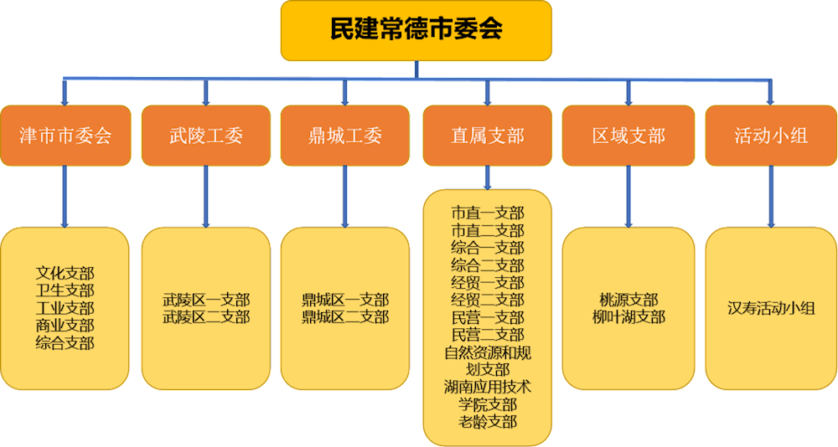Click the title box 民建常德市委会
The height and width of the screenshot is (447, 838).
pyautogui.click(x=416, y=30)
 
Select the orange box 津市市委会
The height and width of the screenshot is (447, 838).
pyautogui.click(x=65, y=136)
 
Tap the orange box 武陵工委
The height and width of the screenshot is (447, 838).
pyautogui.click(x=205, y=136)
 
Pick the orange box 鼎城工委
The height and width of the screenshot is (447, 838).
pyautogui.click(x=345, y=136)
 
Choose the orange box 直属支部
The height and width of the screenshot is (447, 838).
pyautogui.click(x=487, y=136)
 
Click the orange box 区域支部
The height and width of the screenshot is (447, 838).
pyautogui.click(x=628, y=136)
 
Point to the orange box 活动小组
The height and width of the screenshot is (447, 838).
pyautogui.click(x=771, y=136)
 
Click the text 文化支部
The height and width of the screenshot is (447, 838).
pyautogui.click(x=65, y=273)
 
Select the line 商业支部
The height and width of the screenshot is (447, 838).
pyautogui.click(x=65, y=325)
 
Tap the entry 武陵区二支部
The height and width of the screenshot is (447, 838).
pyautogui.click(x=206, y=317)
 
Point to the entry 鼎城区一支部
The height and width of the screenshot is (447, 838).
pyautogui.click(x=345, y=300)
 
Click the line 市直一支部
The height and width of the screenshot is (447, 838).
pyautogui.click(x=487, y=213)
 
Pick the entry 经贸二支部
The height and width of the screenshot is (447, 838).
pyautogui.click(x=487, y=300)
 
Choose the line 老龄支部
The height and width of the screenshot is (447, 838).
pyautogui.click(x=487, y=421)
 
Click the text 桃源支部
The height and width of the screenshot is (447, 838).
pyautogui.click(x=628, y=300)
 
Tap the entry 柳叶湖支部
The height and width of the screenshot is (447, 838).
pyautogui.click(x=628, y=317)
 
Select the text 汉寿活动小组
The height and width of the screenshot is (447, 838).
pyautogui.click(x=771, y=308)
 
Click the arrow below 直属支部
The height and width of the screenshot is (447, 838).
pyautogui.click(x=487, y=177)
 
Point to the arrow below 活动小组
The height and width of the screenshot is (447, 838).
pyautogui.click(x=771, y=196)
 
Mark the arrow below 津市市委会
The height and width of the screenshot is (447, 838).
pyautogui.click(x=65, y=196)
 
